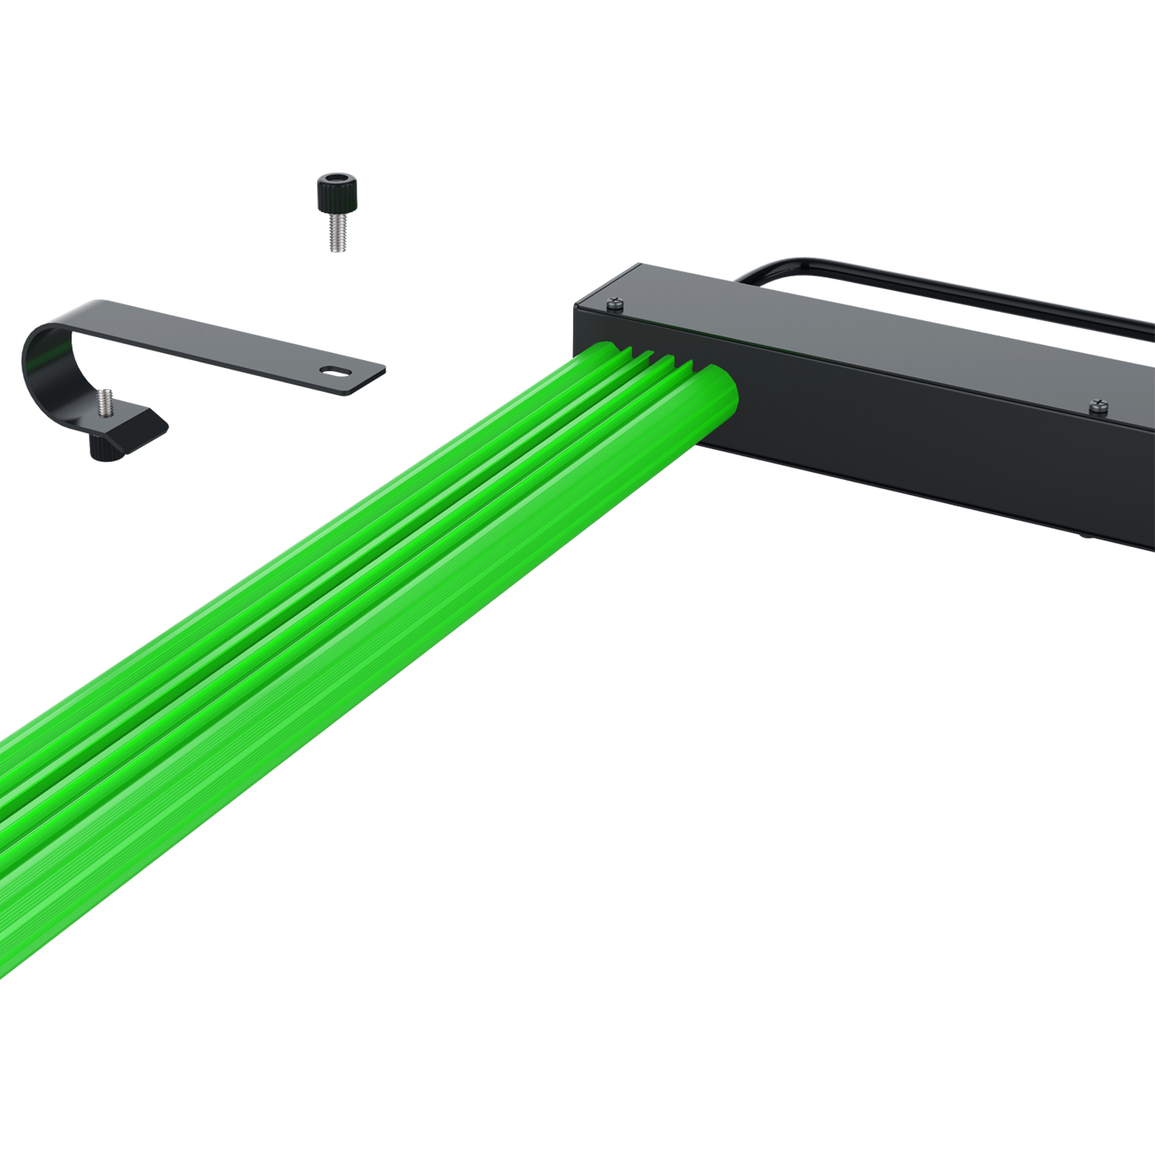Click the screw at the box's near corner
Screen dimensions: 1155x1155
pyautogui.click(x=615, y=303)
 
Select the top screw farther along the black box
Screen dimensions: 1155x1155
pyautogui.click(x=1098, y=406)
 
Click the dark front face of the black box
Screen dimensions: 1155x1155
pyautogui.click(x=902, y=433)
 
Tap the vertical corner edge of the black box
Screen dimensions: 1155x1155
pyautogui.click(x=576, y=325)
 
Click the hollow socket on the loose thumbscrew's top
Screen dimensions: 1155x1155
pyautogui.click(x=337, y=178)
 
